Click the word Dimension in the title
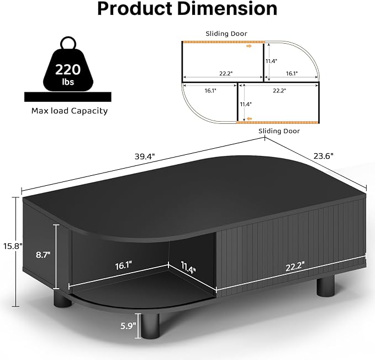point(228,8)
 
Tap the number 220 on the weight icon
point(68,70)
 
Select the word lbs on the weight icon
point(68,82)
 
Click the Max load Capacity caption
point(70,111)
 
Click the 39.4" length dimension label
point(145,156)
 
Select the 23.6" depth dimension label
point(323,156)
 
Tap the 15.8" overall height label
point(13,246)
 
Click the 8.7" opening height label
point(43,254)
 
